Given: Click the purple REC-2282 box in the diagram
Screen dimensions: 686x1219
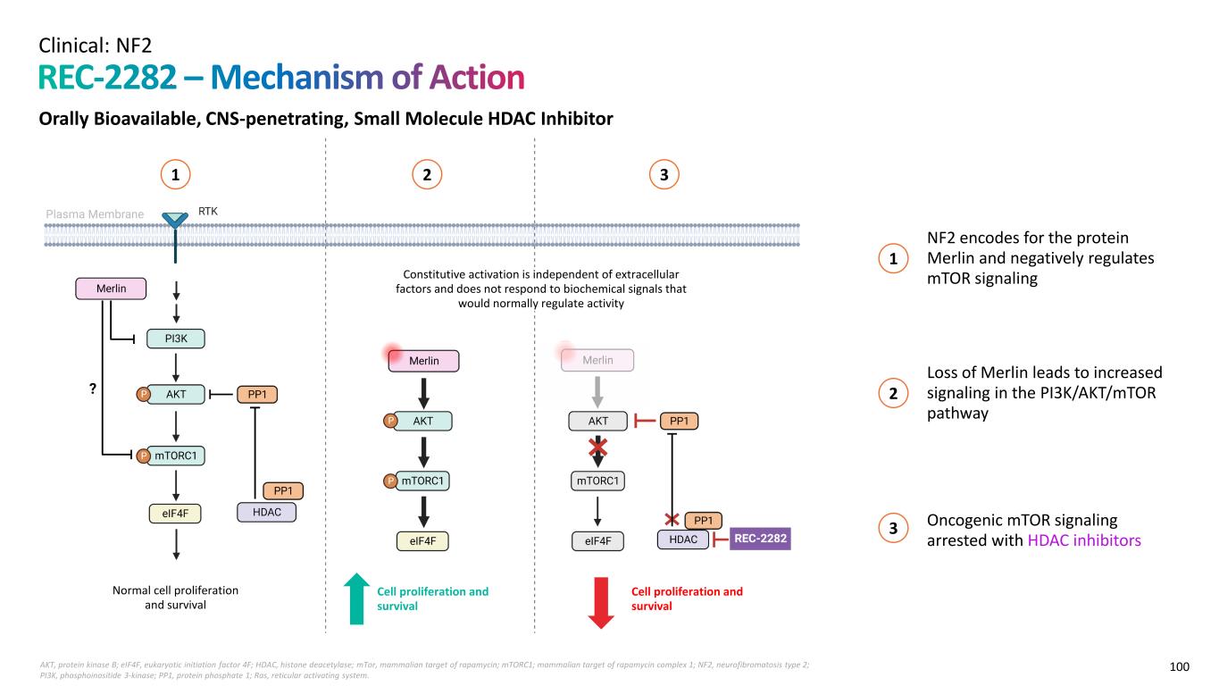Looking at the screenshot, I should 761,540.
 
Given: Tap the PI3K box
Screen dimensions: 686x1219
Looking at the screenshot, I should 176,339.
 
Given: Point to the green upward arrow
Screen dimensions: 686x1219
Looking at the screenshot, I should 356,598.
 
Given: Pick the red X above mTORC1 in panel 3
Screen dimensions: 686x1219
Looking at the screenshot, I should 597,448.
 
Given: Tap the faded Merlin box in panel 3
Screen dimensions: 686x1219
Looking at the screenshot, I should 597,360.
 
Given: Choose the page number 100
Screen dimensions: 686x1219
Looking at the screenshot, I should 1180,666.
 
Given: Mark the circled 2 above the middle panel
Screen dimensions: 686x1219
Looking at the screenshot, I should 428,176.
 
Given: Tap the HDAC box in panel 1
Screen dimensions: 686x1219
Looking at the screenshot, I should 266,513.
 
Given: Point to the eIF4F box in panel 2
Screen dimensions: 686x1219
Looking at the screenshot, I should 422,540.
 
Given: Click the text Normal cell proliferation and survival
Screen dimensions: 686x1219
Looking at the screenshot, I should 175,598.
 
